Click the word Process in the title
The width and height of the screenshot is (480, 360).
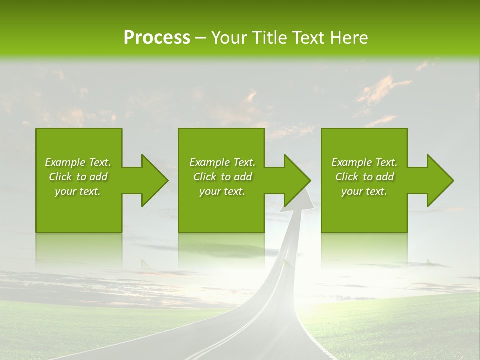[157, 38]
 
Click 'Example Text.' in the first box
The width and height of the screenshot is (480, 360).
[78, 162]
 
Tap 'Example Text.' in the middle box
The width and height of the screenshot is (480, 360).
[222, 162]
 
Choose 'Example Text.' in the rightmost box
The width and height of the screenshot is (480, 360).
[364, 162]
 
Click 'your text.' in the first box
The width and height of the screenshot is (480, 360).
[78, 191]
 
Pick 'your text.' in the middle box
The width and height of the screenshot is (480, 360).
[222, 191]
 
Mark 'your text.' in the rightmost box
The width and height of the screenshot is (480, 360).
[364, 191]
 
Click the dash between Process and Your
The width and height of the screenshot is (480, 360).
[201, 38]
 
